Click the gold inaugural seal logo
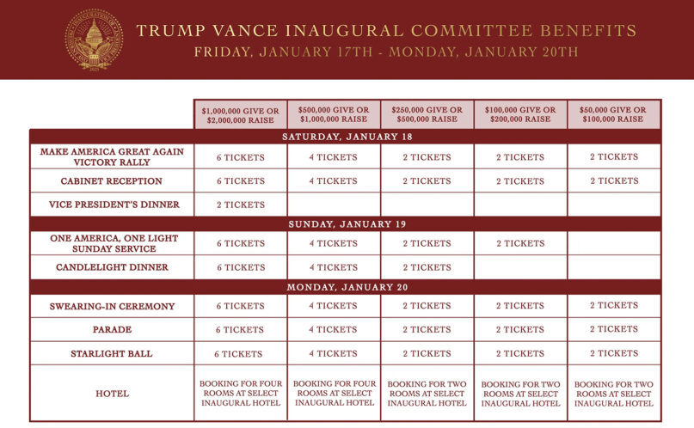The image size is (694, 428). click(x=94, y=40)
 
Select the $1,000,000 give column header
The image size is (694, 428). click(x=241, y=114)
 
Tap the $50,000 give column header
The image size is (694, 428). click(x=614, y=114)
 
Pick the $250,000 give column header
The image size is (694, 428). click(x=427, y=114)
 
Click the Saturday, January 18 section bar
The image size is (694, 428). click(x=346, y=137)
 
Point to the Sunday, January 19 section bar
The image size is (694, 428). click(x=346, y=223)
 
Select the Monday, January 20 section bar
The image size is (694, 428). click(x=346, y=287)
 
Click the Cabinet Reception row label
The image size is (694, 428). click(x=112, y=181)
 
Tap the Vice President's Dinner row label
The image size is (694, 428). click(x=112, y=205)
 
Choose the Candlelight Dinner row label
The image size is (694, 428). click(x=112, y=267)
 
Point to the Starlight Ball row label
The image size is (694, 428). click(x=112, y=353)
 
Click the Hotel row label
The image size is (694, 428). click(x=112, y=394)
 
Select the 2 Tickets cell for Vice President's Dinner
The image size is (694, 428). click(x=241, y=205)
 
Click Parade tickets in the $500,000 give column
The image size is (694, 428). click(x=334, y=329)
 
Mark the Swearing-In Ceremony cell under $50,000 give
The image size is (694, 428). click(x=614, y=305)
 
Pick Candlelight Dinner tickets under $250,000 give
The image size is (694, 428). click(x=427, y=267)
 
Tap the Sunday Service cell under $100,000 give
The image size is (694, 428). click(x=519, y=243)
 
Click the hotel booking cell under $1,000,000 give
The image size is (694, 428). click(x=241, y=393)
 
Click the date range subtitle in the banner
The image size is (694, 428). click(x=385, y=52)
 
